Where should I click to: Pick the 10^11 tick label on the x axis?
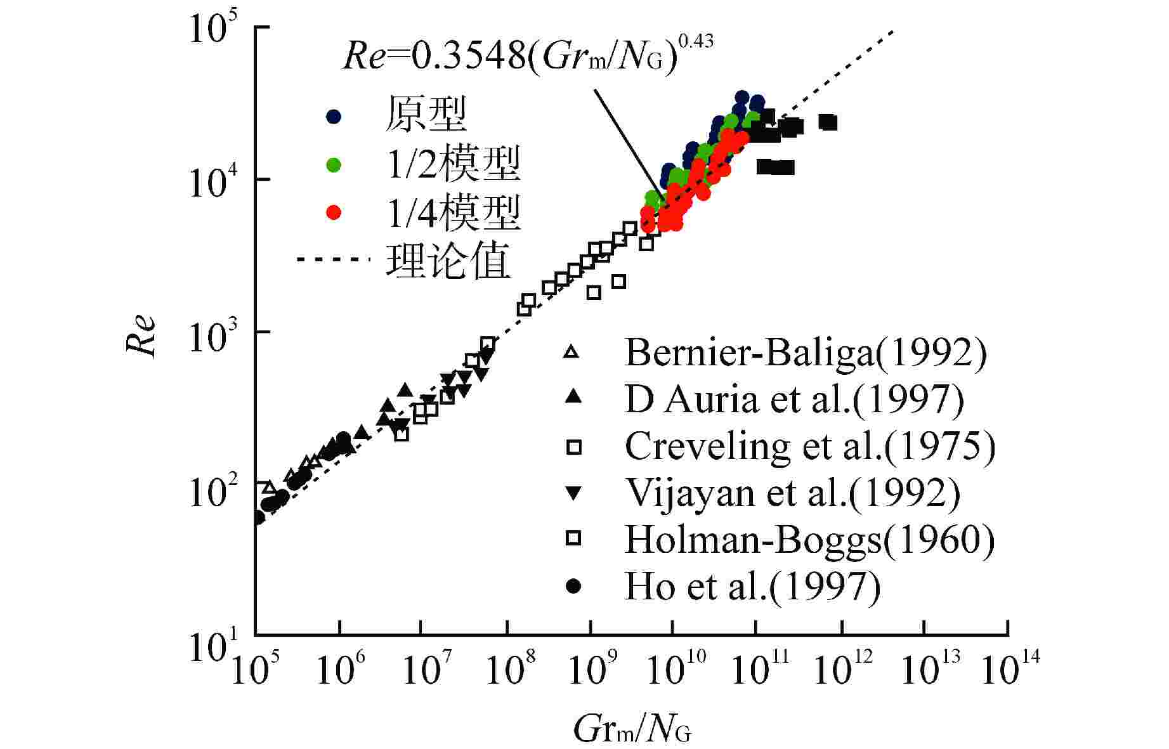point(759,669)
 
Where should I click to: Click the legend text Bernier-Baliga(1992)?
point(806,353)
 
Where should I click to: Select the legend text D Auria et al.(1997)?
point(794,400)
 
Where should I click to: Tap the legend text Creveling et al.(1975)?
point(810,446)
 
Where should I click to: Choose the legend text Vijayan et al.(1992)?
point(793,493)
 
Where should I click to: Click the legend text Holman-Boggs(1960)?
point(810,540)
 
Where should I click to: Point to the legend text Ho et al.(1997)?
point(753,587)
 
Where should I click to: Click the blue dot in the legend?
point(334,116)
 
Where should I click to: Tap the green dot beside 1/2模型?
point(334,165)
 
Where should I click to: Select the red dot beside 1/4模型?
point(334,212)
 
